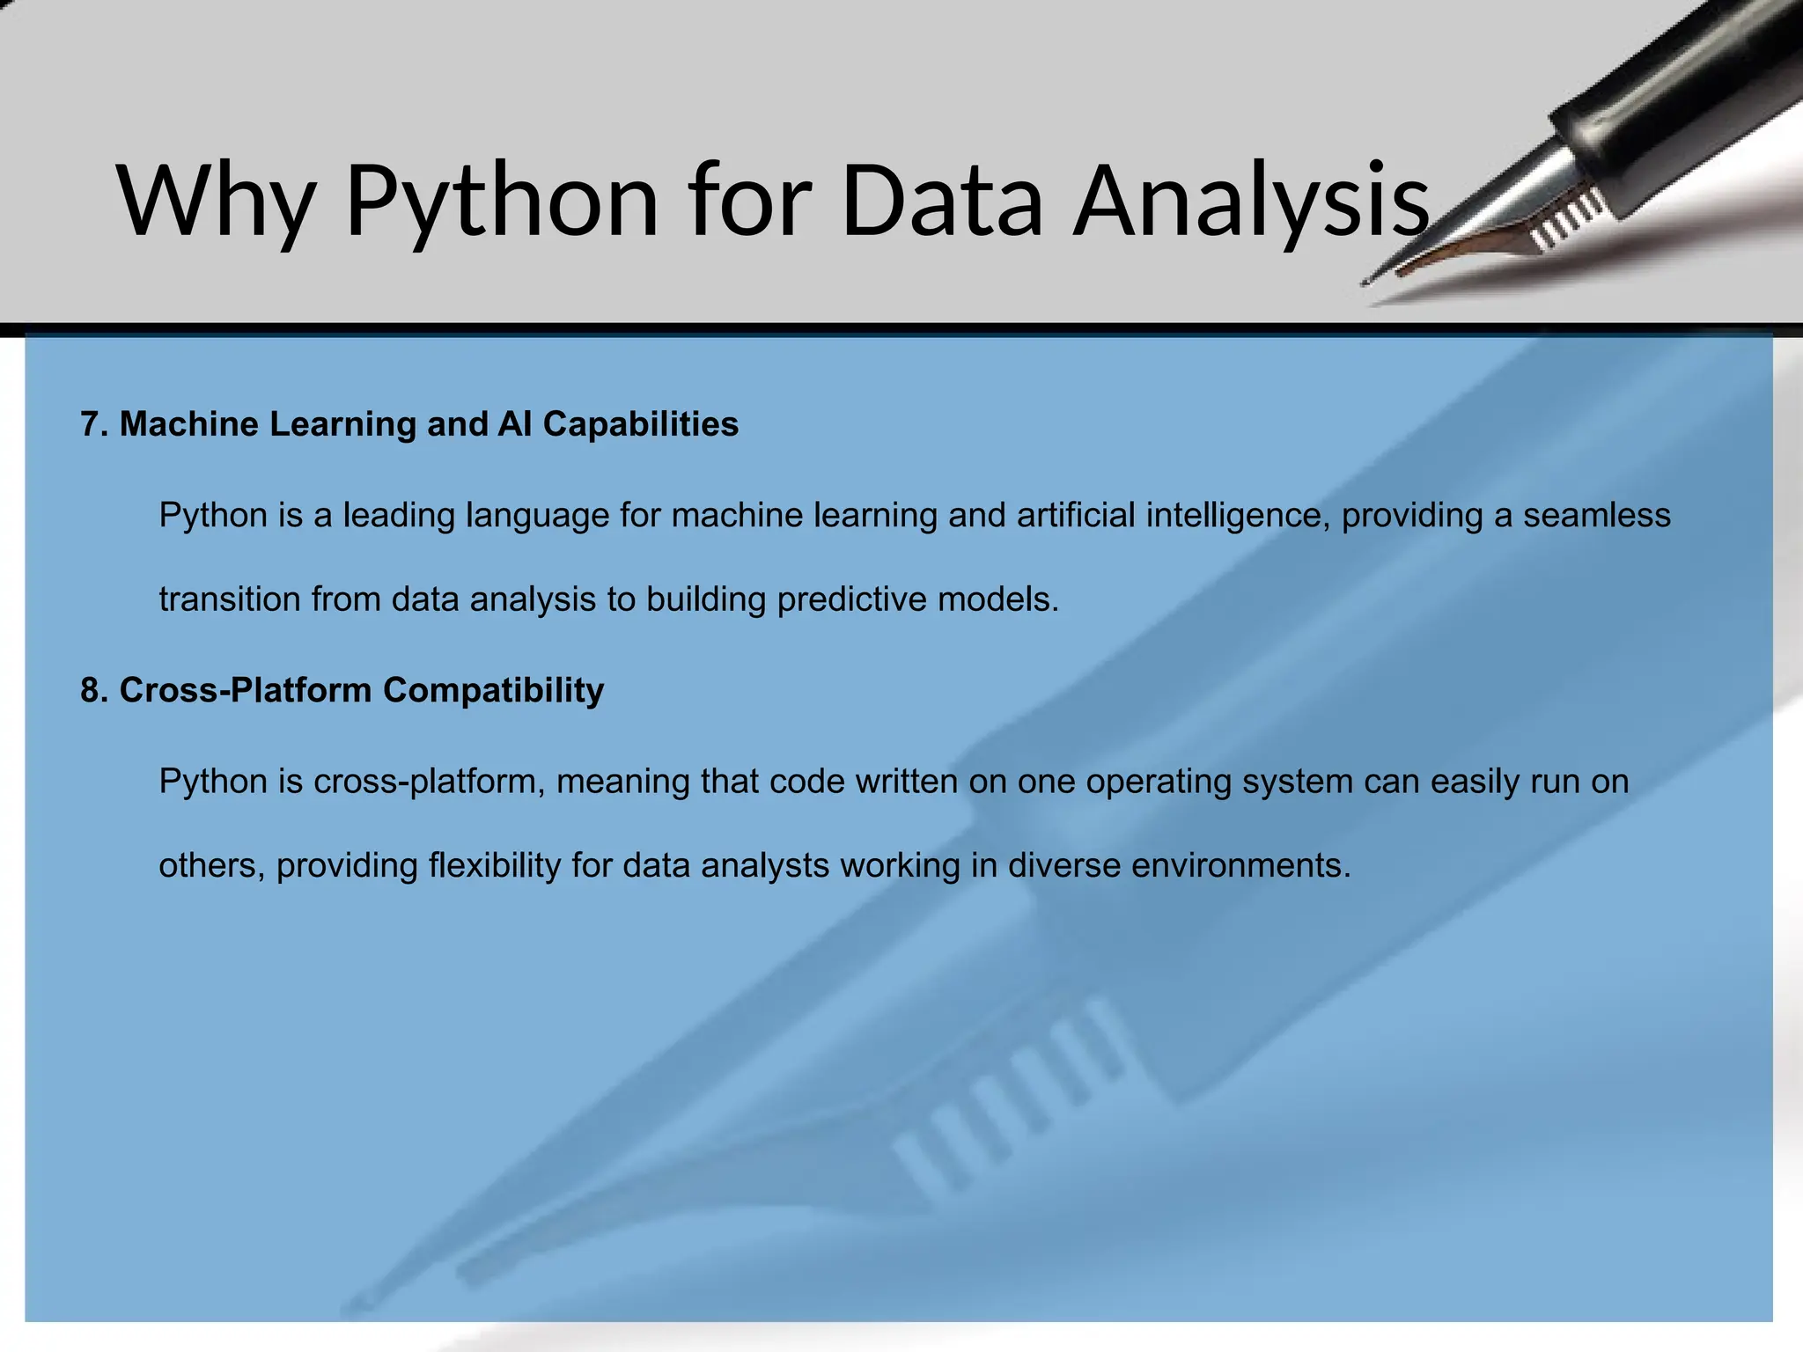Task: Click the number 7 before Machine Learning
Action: (x=89, y=424)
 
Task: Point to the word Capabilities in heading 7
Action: (x=640, y=424)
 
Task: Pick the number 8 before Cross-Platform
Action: (x=89, y=690)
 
